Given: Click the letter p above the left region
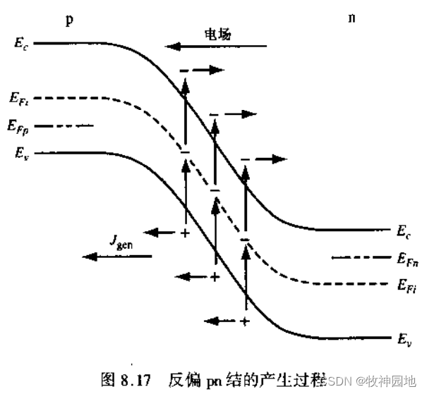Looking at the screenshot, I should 69,19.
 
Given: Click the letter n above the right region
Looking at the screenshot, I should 351,18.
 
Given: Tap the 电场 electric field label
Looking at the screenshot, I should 217,32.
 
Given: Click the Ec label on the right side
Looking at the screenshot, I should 404,230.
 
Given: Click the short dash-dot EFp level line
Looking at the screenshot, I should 64,125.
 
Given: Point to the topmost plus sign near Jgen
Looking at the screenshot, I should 186,232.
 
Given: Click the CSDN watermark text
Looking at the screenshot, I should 337,381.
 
